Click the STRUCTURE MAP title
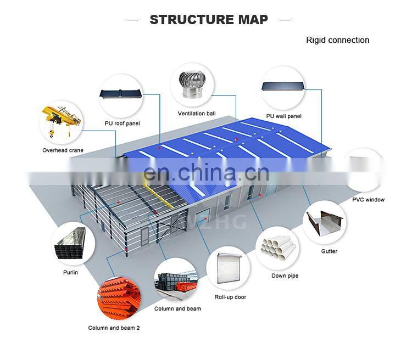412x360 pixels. point(209,20)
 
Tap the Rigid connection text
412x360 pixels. point(337,40)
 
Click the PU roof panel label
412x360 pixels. point(122,123)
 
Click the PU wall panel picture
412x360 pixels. point(283,87)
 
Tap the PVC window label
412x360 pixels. point(368,200)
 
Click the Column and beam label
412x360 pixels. point(177,308)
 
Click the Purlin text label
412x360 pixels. point(70,272)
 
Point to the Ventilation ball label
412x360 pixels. point(196,114)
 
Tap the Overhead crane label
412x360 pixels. point(63,150)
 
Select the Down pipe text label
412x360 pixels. point(285,275)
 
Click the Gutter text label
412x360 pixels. point(329,251)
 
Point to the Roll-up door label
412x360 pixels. point(230,297)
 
